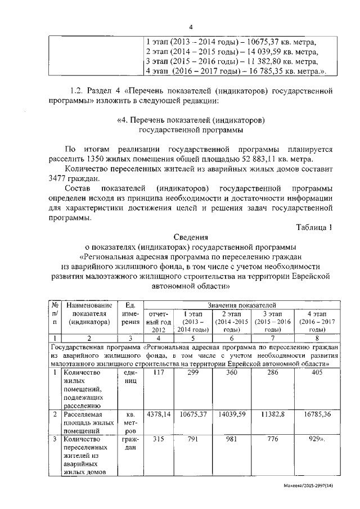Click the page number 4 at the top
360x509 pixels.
pos(191,26)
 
